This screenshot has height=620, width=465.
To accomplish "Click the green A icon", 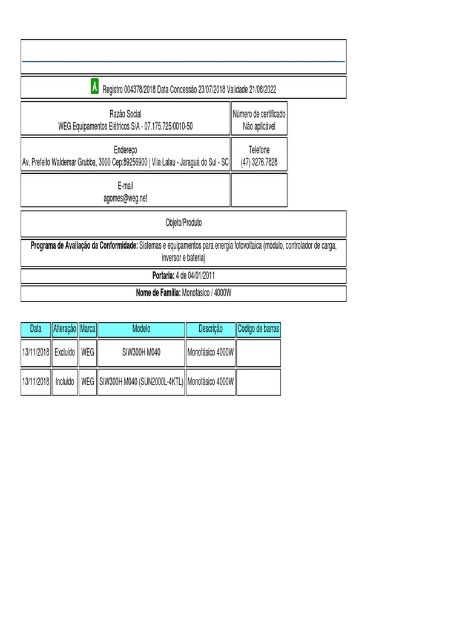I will [94, 87].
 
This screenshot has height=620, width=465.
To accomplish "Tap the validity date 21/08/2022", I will [260, 90].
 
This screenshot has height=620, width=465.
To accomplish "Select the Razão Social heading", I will [125, 114].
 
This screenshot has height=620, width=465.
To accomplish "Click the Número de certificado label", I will [259, 114].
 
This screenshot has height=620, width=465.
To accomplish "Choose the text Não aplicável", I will [259, 126].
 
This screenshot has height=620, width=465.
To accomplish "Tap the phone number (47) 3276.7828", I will [259, 162].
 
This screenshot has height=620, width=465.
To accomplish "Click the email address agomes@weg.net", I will [125, 198].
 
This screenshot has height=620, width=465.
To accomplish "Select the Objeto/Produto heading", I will [184, 223].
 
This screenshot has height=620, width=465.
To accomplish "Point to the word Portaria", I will [163, 276].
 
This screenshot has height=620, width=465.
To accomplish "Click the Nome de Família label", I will [158, 293].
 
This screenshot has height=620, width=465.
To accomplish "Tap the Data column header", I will [36, 329].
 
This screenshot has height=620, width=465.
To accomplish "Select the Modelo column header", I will [141, 329].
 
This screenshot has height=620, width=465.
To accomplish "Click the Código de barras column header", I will [259, 329].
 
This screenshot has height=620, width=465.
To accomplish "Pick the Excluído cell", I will [65, 352].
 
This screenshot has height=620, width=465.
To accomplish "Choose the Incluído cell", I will [65, 382].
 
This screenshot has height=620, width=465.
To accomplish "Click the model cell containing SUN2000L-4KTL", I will [141, 382].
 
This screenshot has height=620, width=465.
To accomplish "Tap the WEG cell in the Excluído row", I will [88, 352].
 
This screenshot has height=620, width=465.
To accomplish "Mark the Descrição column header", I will [210, 329].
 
